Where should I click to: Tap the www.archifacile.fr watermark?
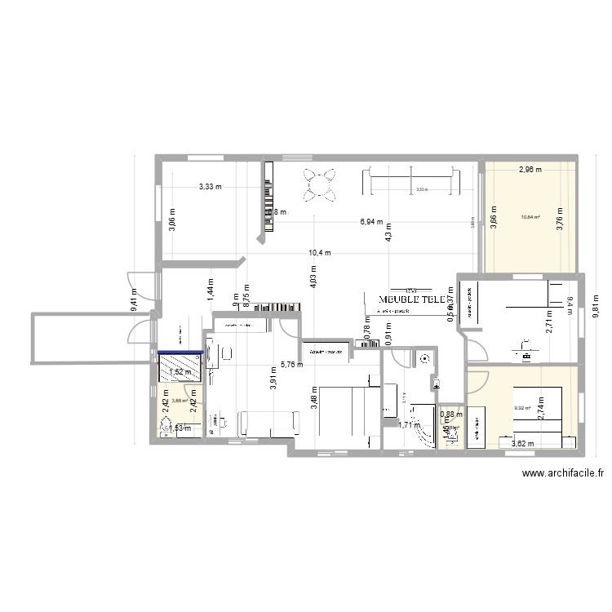563,472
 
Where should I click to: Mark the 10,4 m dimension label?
320,252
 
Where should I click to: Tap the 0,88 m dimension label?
452,414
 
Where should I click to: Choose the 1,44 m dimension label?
210,291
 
